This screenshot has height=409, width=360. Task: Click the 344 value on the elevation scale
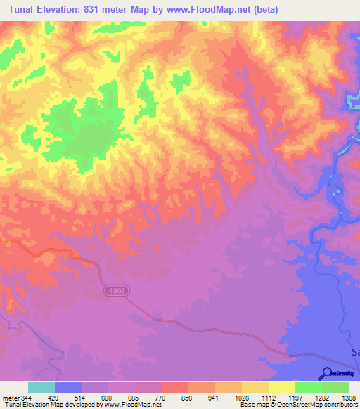[25, 397]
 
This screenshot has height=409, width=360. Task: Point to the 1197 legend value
[307, 397]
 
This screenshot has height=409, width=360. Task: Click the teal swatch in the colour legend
[41, 387]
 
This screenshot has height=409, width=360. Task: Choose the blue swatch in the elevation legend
[68, 387]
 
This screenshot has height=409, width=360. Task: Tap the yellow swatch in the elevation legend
[281, 387]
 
